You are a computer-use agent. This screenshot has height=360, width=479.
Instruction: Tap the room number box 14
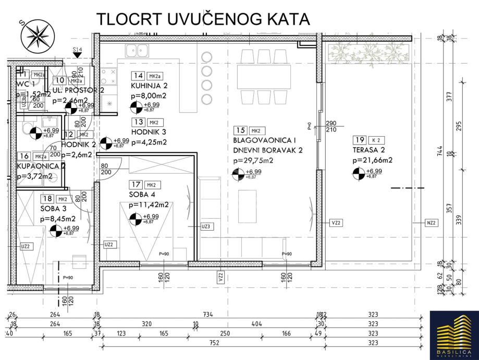[138, 75]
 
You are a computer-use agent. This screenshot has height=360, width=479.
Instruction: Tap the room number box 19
[359, 139]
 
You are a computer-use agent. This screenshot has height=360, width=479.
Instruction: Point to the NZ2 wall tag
[431, 222]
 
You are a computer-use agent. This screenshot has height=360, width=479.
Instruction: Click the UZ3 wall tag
[205, 226]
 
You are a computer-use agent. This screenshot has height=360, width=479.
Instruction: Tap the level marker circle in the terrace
[359, 174]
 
